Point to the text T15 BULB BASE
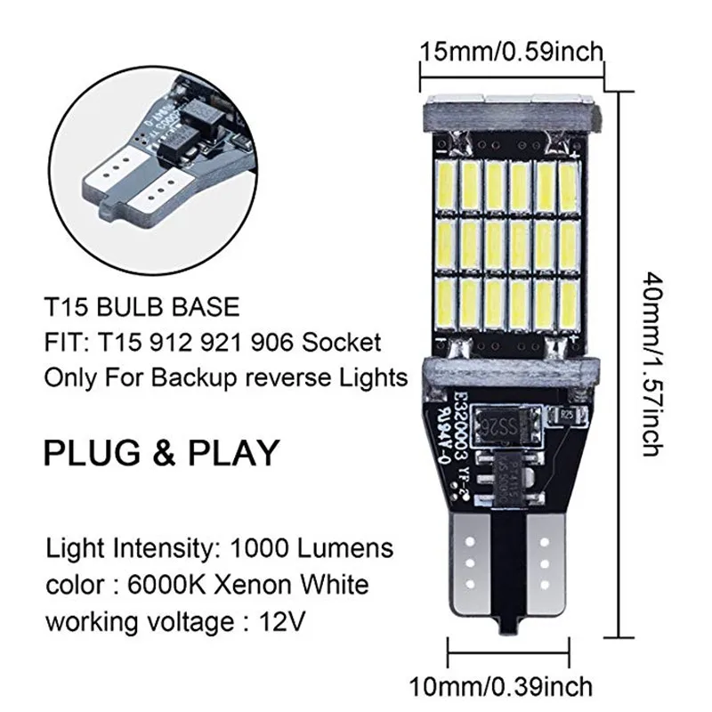click(x=142, y=308)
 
